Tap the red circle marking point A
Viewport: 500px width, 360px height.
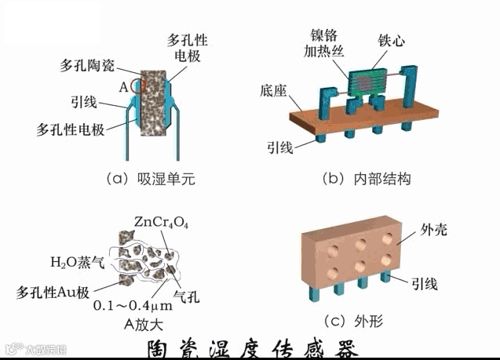coord(139,85)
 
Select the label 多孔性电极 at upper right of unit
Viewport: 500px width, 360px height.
coord(189,48)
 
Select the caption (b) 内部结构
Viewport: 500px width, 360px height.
coord(367,180)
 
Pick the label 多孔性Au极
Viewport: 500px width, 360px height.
coord(56,292)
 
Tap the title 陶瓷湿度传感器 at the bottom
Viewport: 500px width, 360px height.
coord(253,348)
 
